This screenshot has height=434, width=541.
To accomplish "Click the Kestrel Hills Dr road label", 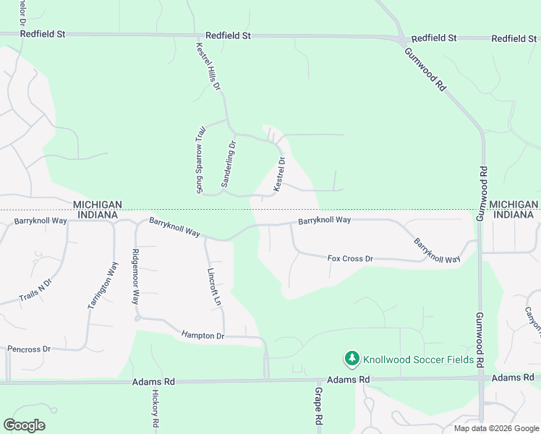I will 208,66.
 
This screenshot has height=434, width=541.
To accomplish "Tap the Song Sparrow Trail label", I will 201,160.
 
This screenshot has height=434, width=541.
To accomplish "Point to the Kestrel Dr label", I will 279,174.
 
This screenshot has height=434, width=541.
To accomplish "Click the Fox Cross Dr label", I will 350,258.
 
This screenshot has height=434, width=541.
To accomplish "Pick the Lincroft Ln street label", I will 214,287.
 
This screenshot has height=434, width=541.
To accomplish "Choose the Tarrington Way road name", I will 102,286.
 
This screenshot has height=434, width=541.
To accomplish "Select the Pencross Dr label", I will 29,349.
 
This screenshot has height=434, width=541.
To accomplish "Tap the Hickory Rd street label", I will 155,409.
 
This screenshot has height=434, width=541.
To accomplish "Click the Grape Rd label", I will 318,406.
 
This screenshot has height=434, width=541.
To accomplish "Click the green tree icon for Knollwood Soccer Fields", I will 352,358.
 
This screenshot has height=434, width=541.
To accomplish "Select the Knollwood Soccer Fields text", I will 418,359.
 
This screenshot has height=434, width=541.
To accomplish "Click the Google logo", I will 24,425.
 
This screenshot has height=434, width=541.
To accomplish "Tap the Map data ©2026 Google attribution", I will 495,428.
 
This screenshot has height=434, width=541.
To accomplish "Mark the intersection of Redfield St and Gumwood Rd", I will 402,37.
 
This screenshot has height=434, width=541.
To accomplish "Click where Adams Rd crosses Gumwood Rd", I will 481,378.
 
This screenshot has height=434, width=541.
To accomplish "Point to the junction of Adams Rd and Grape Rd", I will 318,378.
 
